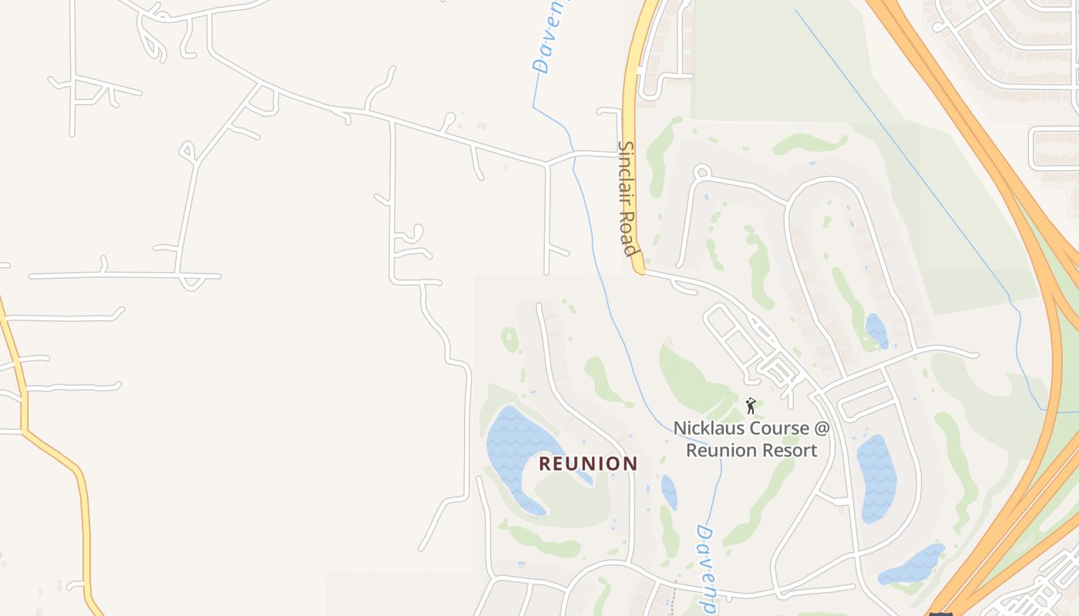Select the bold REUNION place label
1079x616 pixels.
pyautogui.click(x=588, y=464)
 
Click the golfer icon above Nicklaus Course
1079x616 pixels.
pyautogui.click(x=751, y=405)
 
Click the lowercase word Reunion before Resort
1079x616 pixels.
pyautogui.click(x=722, y=450)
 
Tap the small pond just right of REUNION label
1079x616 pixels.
pyautogui.click(x=669, y=492)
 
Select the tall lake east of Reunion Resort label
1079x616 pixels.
pyautogui.click(x=876, y=477)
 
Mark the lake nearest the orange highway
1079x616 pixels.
pyautogui.click(x=913, y=565)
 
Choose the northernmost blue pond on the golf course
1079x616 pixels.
pyautogui.click(x=876, y=330)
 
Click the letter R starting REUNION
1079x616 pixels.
pyautogui.click(x=545, y=464)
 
